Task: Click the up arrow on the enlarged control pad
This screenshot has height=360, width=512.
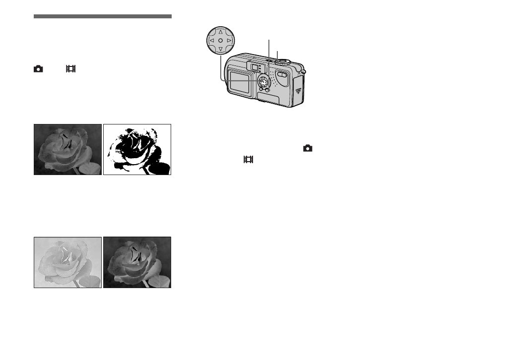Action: [220, 31]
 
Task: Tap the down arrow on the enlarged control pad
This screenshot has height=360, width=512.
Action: [220, 49]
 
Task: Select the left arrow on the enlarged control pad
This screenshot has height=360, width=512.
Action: [211, 40]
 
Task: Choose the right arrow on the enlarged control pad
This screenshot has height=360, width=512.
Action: [229, 40]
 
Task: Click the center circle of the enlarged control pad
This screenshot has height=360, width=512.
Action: [220, 40]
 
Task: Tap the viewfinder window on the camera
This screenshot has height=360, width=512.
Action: [254, 67]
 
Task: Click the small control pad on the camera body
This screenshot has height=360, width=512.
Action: [263, 81]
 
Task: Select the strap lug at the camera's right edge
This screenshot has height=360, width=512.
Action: [304, 72]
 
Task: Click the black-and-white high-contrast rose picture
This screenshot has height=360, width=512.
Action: [137, 149]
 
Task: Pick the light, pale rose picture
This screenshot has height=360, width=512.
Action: [67, 262]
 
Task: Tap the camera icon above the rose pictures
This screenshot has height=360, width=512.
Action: [38, 69]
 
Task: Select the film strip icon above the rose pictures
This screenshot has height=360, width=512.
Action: [70, 69]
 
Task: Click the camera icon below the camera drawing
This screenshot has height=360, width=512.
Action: [308, 148]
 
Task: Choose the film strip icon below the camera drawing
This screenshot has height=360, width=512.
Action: [248, 160]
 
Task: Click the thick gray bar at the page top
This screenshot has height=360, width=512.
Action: [103, 16]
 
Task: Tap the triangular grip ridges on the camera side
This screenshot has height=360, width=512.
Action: [298, 91]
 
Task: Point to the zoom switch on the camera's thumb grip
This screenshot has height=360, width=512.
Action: [282, 75]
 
